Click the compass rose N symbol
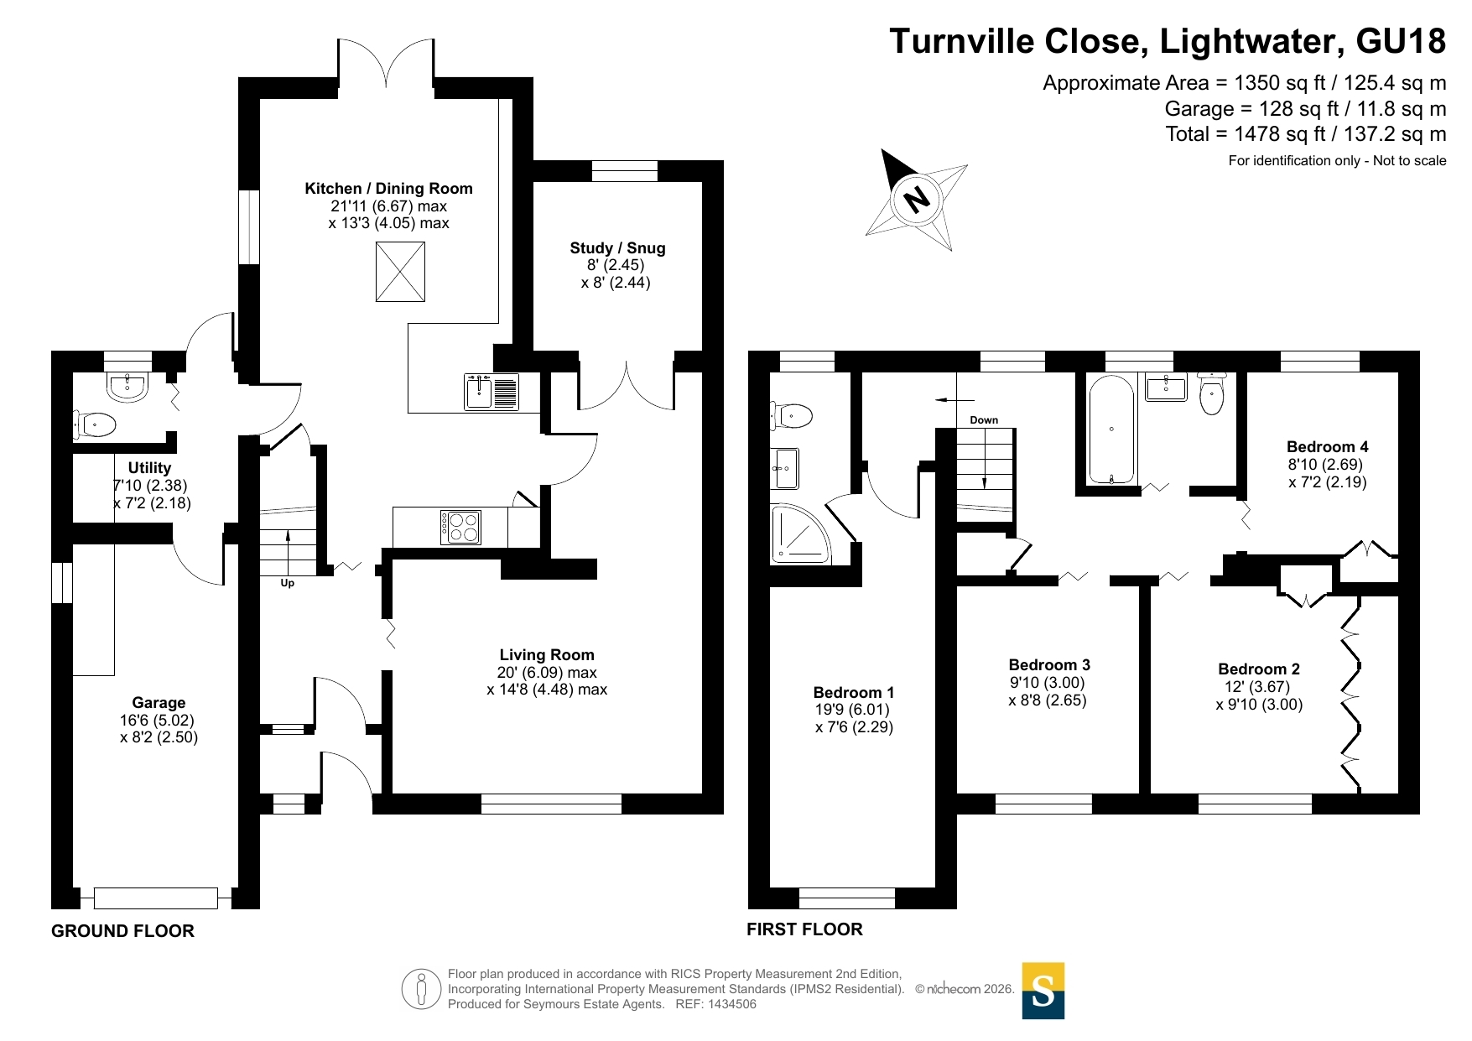tap(916, 199)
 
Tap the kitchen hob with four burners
tap(460, 527)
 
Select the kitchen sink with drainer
tap(492, 392)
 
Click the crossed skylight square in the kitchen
tap(400, 272)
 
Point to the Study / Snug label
tap(617, 247)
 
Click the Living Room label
tap(547, 654)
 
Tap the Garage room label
tap(159, 703)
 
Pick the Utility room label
tap(149, 467)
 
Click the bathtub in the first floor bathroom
tap(1111, 429)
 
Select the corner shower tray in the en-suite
tap(800, 534)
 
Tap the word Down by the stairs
tap(984, 420)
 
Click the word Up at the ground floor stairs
tap(288, 583)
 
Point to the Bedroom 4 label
tap(1328, 446)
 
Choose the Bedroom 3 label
tap(1049, 664)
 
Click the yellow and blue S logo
tap(1043, 991)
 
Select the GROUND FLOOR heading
tap(122, 930)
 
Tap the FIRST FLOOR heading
tap(804, 929)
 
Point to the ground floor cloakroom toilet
tap(96, 424)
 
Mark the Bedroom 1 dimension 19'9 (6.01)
tap(852, 710)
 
